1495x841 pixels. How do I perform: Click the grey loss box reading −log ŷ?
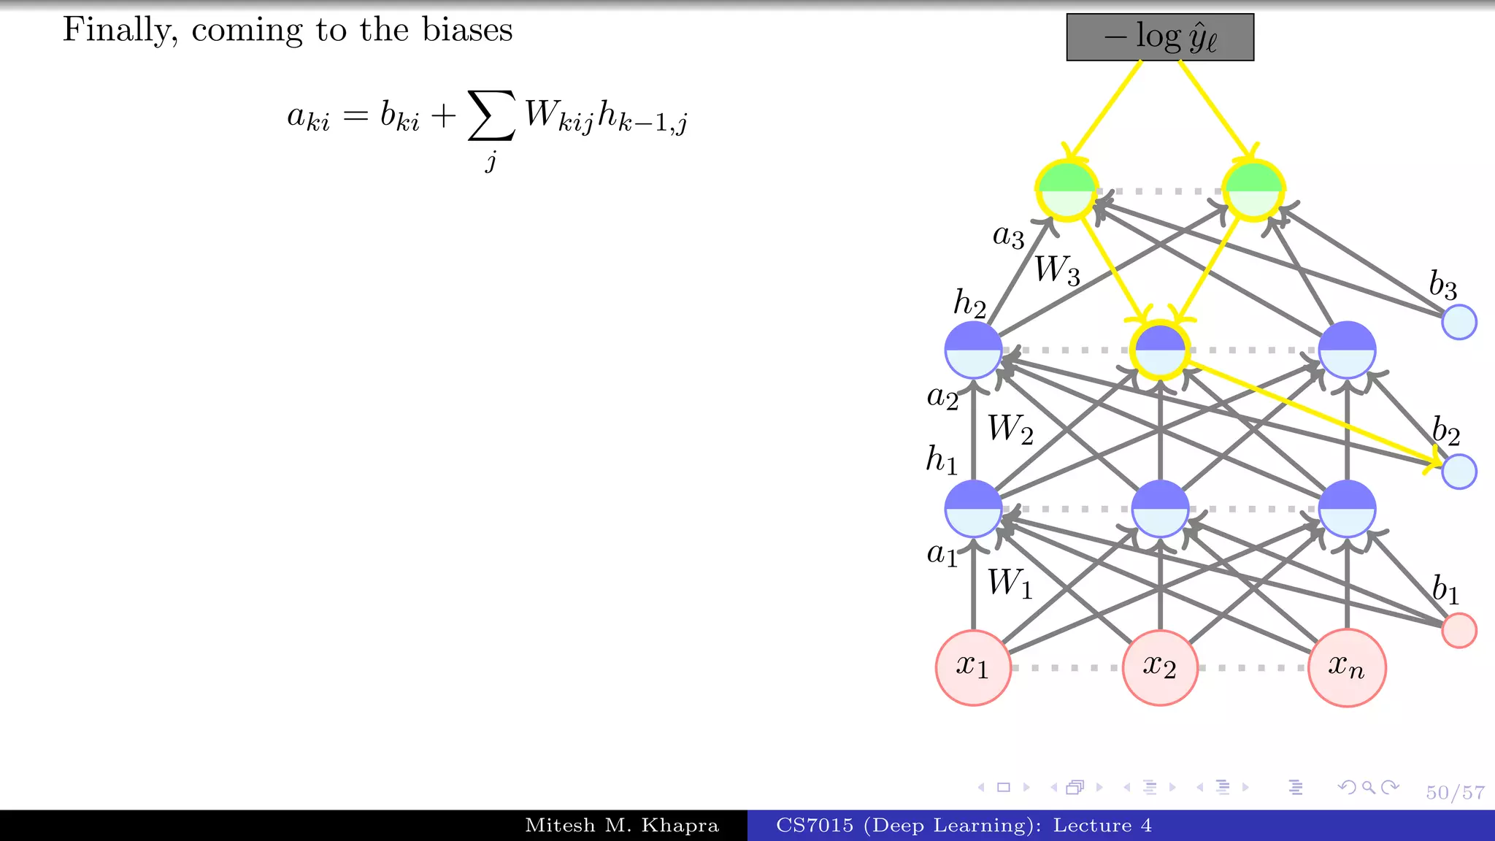click(x=1160, y=37)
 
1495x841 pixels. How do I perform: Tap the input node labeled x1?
click(x=973, y=667)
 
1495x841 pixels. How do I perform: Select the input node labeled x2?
click(x=1160, y=667)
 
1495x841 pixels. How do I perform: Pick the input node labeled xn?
click(x=1347, y=667)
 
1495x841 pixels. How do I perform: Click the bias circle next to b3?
click(x=1459, y=322)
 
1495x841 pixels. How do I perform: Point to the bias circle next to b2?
click(x=1459, y=471)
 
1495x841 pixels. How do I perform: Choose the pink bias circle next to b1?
click(x=1459, y=630)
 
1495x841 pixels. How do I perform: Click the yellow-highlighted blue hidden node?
click(x=1160, y=350)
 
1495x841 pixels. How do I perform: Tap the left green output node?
click(x=1067, y=190)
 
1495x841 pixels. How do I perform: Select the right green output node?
click(x=1253, y=190)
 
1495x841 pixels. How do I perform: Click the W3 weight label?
click(x=1057, y=270)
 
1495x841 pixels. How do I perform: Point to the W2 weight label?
click(x=1010, y=429)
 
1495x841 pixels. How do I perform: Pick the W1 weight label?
click(x=1010, y=584)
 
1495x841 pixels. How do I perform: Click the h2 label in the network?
click(x=969, y=304)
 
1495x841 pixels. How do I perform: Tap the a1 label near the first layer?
click(x=942, y=554)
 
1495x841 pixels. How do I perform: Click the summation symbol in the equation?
click(x=491, y=115)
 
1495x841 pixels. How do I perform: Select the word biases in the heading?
click(x=467, y=30)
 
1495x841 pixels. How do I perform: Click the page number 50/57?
click(x=1455, y=793)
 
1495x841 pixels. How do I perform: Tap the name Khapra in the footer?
click(x=680, y=826)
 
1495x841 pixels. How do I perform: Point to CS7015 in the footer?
click(x=814, y=826)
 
